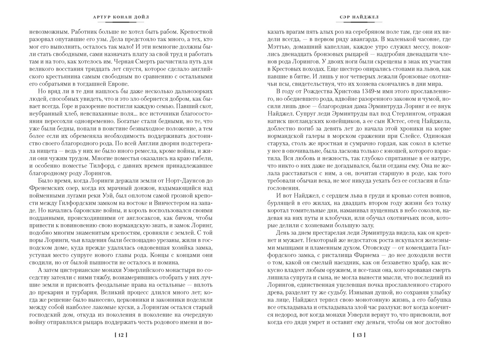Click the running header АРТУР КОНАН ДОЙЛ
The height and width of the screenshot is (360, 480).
(x=121, y=17)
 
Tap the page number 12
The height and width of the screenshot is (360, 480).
(x=121, y=335)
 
